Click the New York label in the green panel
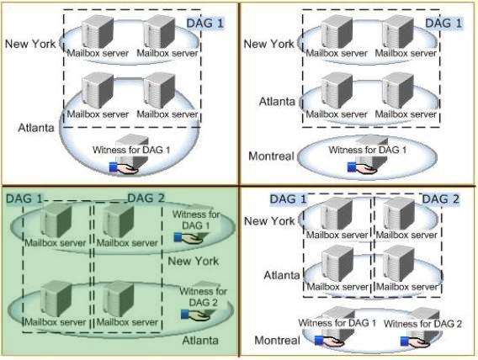tap(194, 261)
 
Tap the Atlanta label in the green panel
tap(200, 340)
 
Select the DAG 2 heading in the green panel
tap(146, 199)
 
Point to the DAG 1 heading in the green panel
tap(24, 199)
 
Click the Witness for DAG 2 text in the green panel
tap(204, 297)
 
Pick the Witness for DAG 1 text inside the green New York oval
tap(196, 220)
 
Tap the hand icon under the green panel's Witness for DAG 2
tap(195, 315)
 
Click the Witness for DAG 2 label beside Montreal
tap(422, 324)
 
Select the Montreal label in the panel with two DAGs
tap(277, 340)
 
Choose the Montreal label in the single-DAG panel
tap(271, 156)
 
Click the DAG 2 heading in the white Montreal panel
tap(440, 199)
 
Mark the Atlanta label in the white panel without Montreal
tap(36, 127)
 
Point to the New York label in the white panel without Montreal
tap(30, 44)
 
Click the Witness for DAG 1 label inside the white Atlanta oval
tap(131, 150)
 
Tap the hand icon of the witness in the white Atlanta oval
tap(124, 168)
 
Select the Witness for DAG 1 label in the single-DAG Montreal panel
tap(368, 150)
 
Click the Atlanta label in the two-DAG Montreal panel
tap(282, 275)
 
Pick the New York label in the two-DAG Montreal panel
tap(269, 221)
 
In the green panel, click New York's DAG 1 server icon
tap(57, 220)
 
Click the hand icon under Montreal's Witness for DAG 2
tap(415, 341)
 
